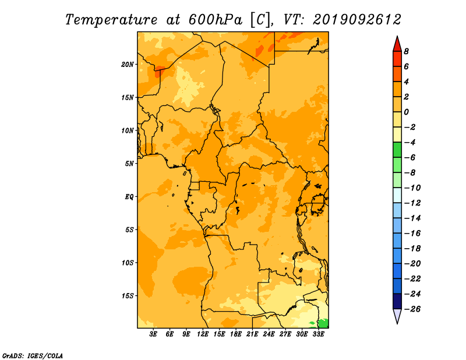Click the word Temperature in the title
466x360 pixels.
point(111,20)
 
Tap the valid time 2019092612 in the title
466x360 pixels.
point(357,20)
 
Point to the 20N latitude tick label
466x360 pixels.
point(128,65)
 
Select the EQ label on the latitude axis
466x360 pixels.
point(129,197)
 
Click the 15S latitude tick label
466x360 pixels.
point(128,296)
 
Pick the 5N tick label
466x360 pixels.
point(129,164)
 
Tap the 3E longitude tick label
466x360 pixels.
point(153,334)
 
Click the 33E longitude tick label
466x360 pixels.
point(318,334)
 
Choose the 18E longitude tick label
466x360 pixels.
point(236,334)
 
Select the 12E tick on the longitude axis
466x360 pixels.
point(203,334)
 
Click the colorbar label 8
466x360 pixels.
point(406,51)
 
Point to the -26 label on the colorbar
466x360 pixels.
point(412,309)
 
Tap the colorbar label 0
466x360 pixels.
point(406,112)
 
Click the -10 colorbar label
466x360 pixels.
point(412,188)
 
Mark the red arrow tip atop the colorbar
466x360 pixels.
point(397,37)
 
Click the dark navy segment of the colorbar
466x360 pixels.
point(397,301)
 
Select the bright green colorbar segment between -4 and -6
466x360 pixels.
point(397,150)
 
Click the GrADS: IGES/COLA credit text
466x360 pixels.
point(33,355)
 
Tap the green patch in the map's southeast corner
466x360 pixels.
point(323,323)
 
